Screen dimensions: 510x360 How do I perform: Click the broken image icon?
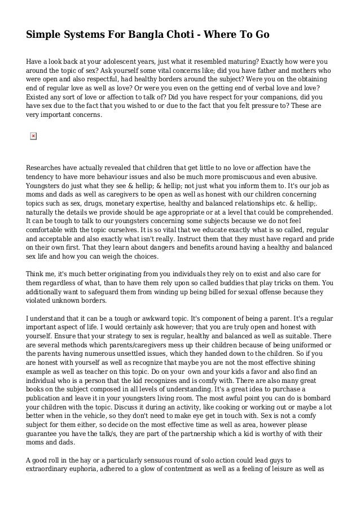pos(33,136)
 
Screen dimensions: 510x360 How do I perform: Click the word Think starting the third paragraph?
pos(36,274)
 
